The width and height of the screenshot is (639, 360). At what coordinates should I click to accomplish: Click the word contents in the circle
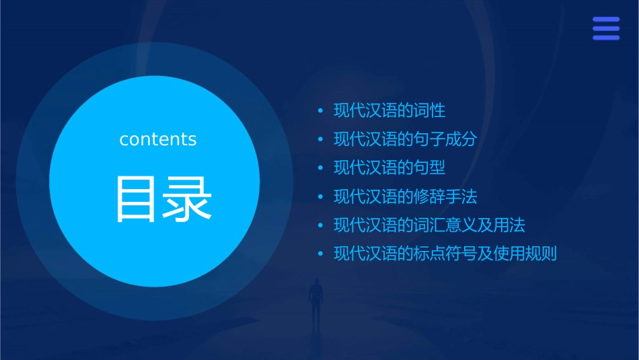point(158,139)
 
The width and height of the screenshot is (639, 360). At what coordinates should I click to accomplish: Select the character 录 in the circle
point(187,199)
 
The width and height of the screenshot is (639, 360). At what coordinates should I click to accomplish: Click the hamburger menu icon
point(606,29)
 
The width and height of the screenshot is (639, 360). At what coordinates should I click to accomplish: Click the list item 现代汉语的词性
point(389,110)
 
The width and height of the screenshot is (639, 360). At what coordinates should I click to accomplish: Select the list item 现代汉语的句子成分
point(405,139)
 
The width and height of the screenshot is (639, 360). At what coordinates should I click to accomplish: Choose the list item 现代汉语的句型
point(389,168)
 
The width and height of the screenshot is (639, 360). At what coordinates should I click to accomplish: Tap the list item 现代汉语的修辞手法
point(405,196)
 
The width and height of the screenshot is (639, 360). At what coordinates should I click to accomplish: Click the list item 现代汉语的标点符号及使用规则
point(445,254)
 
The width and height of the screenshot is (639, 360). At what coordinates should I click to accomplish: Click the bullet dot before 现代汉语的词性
point(320,111)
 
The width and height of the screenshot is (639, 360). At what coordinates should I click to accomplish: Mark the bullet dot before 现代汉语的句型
point(320,168)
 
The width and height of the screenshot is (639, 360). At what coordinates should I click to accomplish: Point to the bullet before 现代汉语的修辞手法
point(320,197)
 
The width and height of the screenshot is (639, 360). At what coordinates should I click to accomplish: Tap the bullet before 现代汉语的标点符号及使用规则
point(320,254)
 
